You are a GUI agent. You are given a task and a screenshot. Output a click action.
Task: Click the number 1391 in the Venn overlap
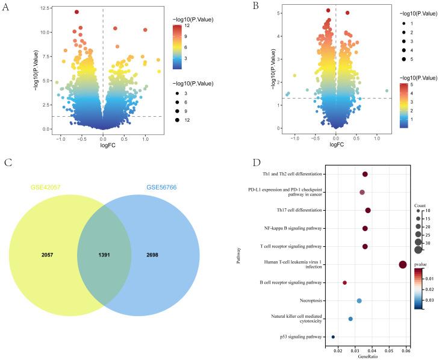(x=104, y=256)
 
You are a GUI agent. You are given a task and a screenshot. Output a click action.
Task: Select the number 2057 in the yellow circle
(x=48, y=256)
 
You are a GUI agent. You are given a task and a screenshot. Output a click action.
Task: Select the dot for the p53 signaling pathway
(x=333, y=337)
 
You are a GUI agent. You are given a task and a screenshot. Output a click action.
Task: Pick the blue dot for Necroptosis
(x=359, y=300)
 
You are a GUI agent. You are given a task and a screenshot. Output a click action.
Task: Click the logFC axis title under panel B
(x=335, y=144)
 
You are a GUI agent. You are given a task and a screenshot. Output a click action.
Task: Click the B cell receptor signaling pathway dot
(x=345, y=282)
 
